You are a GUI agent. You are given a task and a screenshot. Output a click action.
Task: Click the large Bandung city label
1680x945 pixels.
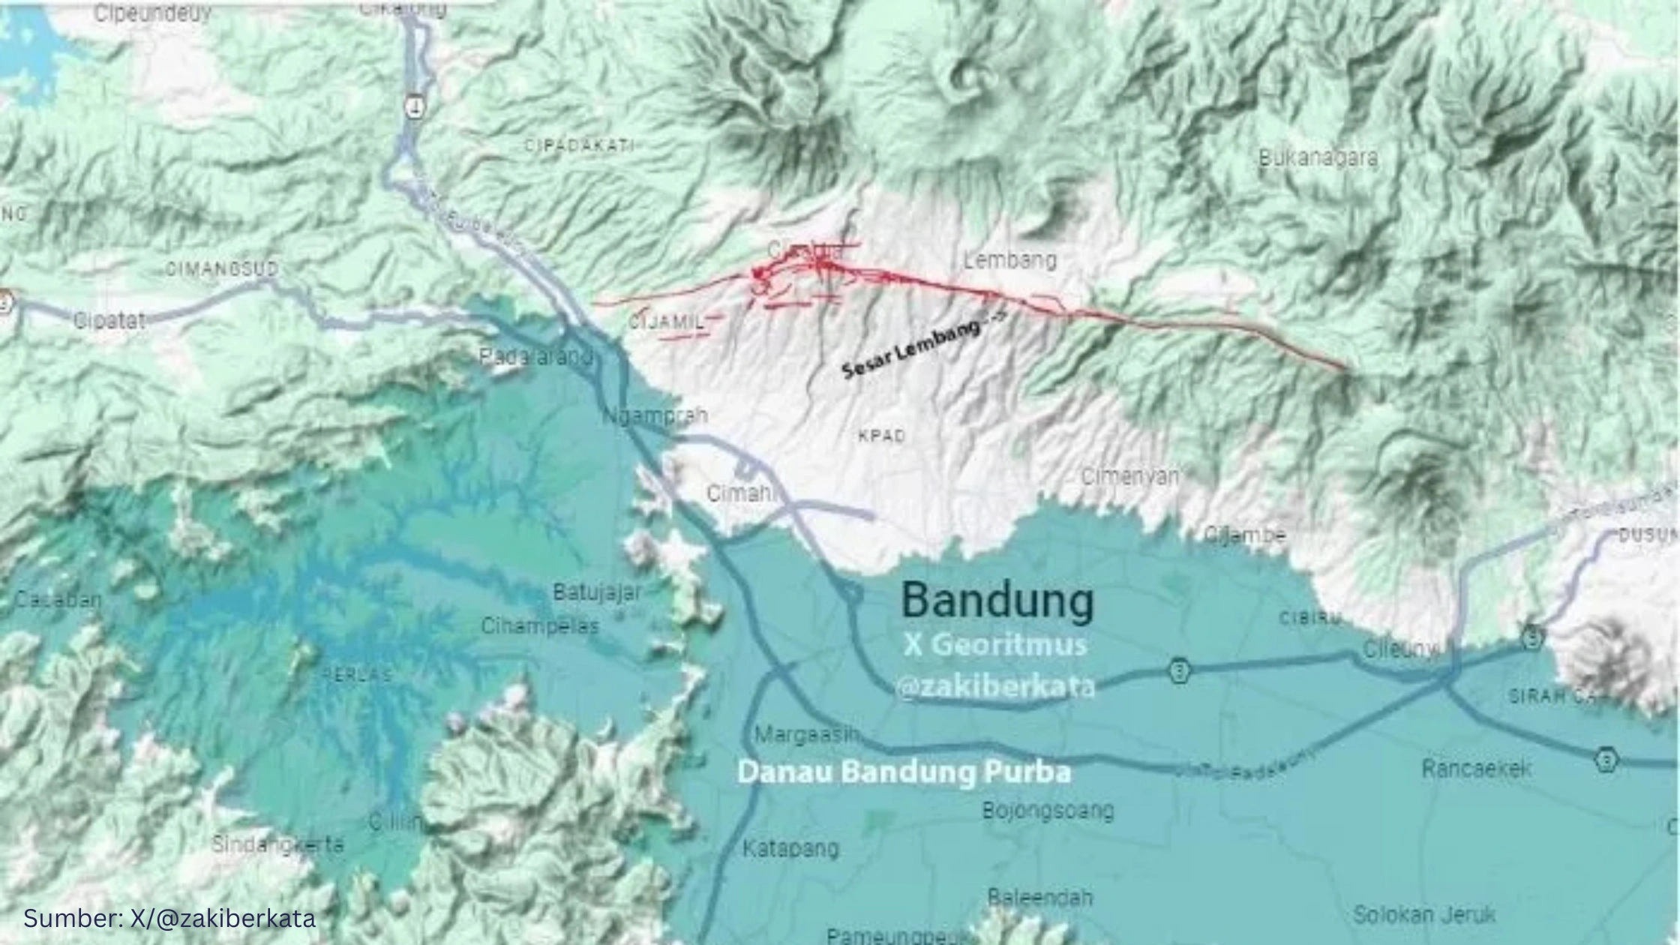pyautogui.click(x=997, y=601)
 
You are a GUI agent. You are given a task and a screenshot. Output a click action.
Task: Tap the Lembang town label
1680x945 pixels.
pyautogui.click(x=1009, y=261)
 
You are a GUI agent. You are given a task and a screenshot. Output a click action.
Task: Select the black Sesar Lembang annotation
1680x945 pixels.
pyautogui.click(x=911, y=349)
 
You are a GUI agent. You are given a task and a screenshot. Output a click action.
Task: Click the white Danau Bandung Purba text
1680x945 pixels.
pyautogui.click(x=904, y=772)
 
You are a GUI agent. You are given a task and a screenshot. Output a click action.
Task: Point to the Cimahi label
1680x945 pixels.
pyautogui.click(x=740, y=493)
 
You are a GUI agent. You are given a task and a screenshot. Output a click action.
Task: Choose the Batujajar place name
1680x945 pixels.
pyautogui.click(x=597, y=592)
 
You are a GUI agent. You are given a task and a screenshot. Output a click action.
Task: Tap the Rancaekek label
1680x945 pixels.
pyautogui.click(x=1476, y=769)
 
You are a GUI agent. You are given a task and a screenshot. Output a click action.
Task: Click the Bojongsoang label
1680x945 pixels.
pyautogui.click(x=1048, y=810)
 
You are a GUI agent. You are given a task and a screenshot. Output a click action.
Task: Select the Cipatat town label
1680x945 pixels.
pyautogui.click(x=109, y=321)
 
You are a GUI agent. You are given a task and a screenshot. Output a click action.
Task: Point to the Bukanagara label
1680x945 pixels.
pyautogui.click(x=1318, y=158)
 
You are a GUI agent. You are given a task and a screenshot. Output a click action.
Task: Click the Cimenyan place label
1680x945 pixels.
pyautogui.click(x=1129, y=476)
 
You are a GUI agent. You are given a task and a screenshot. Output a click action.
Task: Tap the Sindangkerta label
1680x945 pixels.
pyautogui.click(x=277, y=844)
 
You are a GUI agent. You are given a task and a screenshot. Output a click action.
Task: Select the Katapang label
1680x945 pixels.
pyautogui.click(x=790, y=848)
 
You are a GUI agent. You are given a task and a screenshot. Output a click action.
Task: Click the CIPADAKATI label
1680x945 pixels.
pyautogui.click(x=580, y=145)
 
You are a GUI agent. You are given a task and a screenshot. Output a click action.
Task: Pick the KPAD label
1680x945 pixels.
pyautogui.click(x=882, y=436)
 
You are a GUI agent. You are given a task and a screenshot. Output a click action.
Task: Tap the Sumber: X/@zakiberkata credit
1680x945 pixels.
pyautogui.click(x=169, y=918)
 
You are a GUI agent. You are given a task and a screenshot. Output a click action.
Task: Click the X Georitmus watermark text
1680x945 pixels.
pyautogui.click(x=995, y=645)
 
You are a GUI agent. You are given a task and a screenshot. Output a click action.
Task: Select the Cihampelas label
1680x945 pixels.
pyautogui.click(x=540, y=625)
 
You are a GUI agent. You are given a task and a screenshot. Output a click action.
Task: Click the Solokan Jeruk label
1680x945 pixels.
pyautogui.click(x=1424, y=915)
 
